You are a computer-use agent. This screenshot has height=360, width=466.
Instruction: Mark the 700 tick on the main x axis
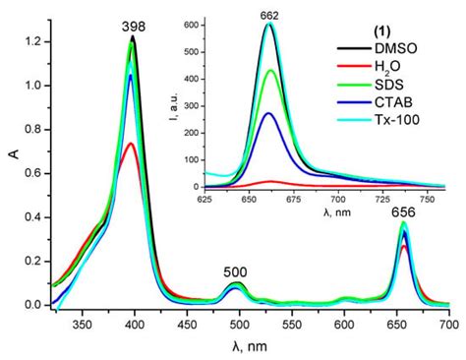pyautogui.click(x=448, y=323)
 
